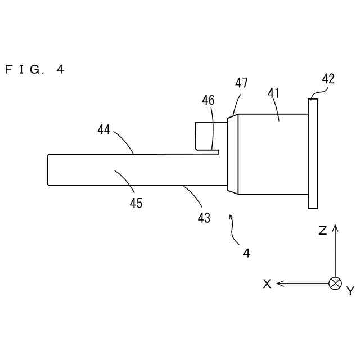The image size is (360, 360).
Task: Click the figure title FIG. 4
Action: [35, 70]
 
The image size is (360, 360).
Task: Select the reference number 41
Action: [274, 93]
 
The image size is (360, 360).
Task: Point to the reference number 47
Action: [241, 83]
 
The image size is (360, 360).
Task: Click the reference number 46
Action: [208, 101]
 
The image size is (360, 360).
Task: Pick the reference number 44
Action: [103, 130]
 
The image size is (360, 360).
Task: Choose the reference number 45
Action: [136, 203]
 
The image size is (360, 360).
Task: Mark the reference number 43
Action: [204, 218]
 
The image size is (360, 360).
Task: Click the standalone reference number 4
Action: [246, 253]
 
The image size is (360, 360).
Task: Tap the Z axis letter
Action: [323, 231]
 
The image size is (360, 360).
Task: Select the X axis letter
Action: [267, 284]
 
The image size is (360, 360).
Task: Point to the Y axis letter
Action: [350, 291]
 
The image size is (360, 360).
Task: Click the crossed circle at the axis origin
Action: [335, 283]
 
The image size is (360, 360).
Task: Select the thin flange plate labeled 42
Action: [313, 153]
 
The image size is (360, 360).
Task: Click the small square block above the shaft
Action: [203, 136]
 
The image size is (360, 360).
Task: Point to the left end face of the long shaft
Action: [48, 169]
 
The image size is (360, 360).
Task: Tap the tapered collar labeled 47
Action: [233, 154]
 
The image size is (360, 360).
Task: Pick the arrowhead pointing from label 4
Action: [231, 215]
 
